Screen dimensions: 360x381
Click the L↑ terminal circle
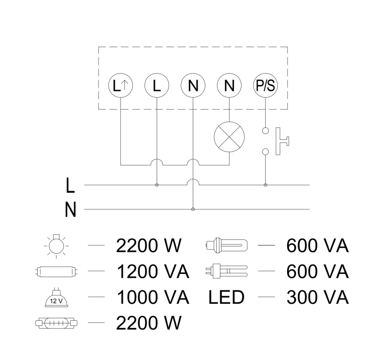tap(121, 86)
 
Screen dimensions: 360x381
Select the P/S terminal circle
tap(265, 86)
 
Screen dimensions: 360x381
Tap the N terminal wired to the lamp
tap(229, 86)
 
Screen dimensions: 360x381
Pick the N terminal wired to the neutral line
tap(192, 86)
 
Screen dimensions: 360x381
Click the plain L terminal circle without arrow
tap(157, 86)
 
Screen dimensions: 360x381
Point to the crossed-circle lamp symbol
tap(229, 137)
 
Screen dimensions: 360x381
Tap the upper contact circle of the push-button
tap(266, 130)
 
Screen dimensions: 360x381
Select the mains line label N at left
tap(70, 210)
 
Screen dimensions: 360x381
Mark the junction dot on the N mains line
tap(192, 209)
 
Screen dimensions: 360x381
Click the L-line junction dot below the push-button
tap(266, 185)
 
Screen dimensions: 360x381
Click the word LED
tap(227, 298)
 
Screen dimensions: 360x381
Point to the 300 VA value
tap(317, 298)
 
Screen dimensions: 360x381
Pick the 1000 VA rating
tap(153, 298)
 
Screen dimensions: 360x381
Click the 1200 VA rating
tap(153, 272)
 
